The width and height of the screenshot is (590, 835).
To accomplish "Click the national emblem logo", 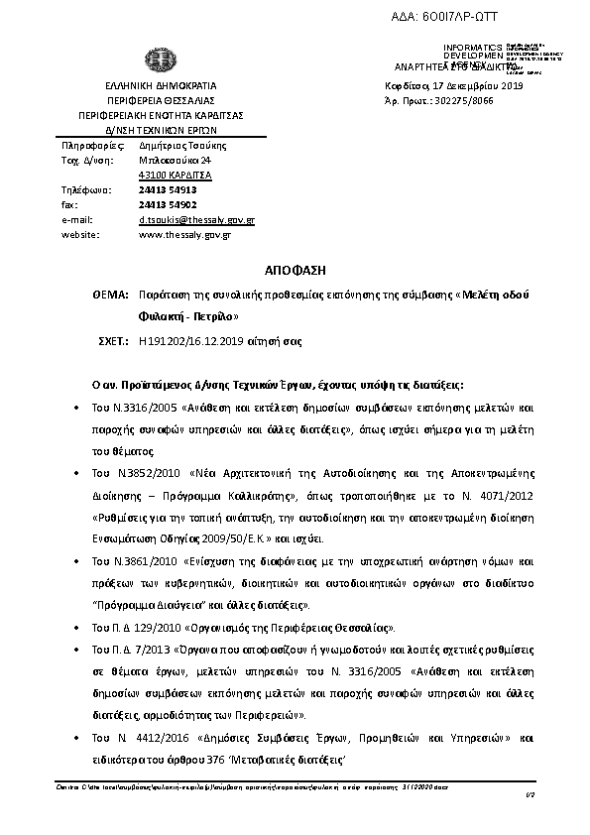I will pos(160,60).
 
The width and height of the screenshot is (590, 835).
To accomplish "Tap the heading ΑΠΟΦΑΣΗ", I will pos(294,270).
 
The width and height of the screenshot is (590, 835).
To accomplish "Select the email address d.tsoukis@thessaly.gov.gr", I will pos(196,219).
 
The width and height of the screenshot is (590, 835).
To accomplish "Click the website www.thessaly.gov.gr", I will pos(184,234).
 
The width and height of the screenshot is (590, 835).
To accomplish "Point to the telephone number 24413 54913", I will pos(168,189).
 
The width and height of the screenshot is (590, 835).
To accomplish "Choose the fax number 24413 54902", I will pos(168,204).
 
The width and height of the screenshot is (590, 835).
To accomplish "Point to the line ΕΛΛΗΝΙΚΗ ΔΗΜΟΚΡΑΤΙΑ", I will pos(161,86).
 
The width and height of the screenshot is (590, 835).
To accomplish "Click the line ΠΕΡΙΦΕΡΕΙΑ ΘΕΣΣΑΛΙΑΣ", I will pos(161,101).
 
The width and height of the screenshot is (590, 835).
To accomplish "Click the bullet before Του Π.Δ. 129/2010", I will pos(78,628).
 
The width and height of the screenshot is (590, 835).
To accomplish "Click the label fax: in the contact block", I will pos(70,204).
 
